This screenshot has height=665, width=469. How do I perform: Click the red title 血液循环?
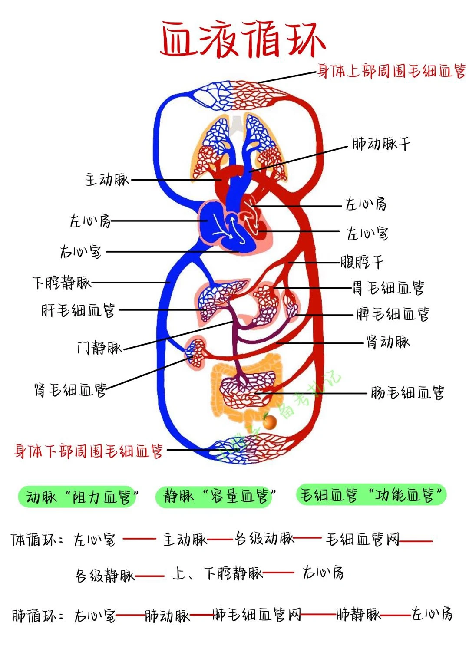click(x=242, y=39)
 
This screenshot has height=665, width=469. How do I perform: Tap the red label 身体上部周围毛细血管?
click(x=391, y=71)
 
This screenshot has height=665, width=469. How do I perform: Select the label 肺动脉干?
click(x=381, y=144)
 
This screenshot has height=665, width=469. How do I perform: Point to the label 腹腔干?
click(x=362, y=262)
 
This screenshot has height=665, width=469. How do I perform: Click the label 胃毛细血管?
click(x=388, y=287)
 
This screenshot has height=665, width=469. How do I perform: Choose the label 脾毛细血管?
click(x=392, y=314)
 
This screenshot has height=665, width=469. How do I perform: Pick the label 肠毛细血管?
click(x=407, y=393)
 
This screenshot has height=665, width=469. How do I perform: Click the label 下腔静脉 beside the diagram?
click(x=62, y=283)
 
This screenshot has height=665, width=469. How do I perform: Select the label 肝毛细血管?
click(x=78, y=310)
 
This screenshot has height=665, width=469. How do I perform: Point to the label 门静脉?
click(x=99, y=348)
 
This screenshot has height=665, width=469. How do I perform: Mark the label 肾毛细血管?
click(x=70, y=389)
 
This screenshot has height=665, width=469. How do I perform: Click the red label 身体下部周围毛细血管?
click(x=89, y=451)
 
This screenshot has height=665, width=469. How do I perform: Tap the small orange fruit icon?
click(x=270, y=421)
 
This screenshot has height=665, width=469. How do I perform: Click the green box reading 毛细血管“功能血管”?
click(x=371, y=494)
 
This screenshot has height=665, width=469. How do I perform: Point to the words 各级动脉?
click(x=264, y=539)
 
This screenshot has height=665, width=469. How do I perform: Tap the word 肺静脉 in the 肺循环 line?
click(x=358, y=614)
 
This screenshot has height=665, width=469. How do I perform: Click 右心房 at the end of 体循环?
click(x=324, y=573)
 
